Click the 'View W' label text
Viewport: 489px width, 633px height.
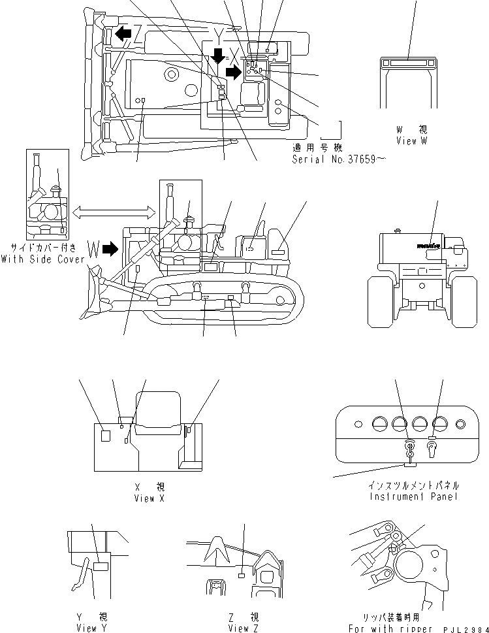[x=411, y=141]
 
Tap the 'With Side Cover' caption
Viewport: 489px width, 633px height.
[x=43, y=259]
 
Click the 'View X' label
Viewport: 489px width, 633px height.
[x=144, y=498]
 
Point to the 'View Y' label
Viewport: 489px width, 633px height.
[x=91, y=628]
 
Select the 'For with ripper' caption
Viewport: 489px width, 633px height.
[x=384, y=628]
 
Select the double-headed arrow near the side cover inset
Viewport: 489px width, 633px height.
[x=114, y=211]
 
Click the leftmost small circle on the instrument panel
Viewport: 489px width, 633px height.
[x=356, y=424]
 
